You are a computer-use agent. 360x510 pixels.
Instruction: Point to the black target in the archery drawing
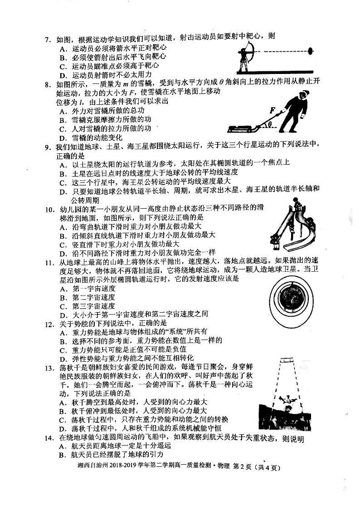click(x=311, y=51)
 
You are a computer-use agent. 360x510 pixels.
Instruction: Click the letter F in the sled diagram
click(x=272, y=110)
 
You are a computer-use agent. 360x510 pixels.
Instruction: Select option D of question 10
click(x=138, y=252)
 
